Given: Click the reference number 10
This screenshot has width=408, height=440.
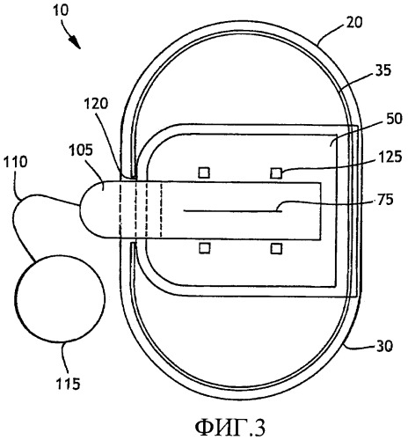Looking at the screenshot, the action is point(61,11).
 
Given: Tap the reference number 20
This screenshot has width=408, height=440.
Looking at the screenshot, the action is point(354,22).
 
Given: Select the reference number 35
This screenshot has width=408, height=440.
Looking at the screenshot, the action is point(383,71).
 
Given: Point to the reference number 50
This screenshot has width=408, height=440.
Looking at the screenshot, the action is point(394,119).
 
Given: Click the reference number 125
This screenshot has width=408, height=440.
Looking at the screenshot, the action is point(390,158).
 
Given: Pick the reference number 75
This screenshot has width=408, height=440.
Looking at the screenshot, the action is point(385,200).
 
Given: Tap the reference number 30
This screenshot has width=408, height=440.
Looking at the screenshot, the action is point(384,347).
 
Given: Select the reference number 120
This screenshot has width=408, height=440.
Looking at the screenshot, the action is point(96,104).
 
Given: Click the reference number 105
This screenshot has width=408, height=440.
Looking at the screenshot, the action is point(81,150).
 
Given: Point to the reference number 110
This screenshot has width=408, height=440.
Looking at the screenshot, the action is point(15,162).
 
